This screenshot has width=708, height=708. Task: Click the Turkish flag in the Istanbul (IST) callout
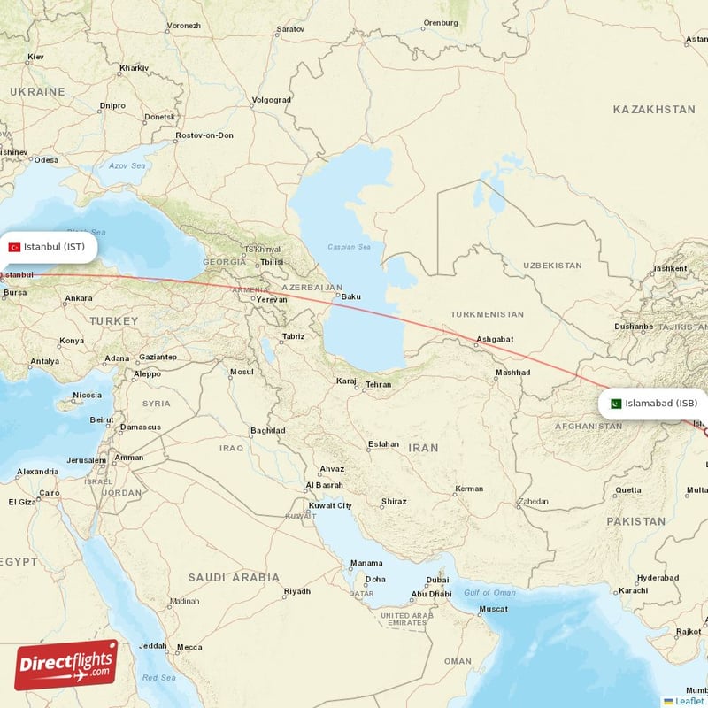(x=14, y=247)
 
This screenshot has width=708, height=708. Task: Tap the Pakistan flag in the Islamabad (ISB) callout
(x=616, y=404)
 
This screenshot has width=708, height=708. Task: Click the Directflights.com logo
(x=66, y=665)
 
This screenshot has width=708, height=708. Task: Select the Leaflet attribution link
(x=689, y=701)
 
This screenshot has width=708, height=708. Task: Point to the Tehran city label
(x=378, y=385)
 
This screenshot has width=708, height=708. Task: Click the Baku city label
(x=351, y=296)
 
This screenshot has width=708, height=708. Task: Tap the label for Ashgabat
(x=495, y=339)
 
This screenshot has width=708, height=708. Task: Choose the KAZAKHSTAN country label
(x=653, y=109)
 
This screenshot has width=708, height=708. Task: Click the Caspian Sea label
(x=346, y=246)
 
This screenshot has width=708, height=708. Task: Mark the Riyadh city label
(x=296, y=591)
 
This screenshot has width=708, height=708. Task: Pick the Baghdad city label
(x=267, y=431)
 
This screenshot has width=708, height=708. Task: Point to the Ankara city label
(x=78, y=298)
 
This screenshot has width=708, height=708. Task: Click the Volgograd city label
(x=271, y=100)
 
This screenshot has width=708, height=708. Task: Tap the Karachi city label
(x=633, y=590)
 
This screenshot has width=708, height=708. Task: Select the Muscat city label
(x=494, y=609)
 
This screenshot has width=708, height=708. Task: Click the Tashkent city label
(x=669, y=268)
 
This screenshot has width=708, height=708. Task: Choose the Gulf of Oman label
(x=489, y=592)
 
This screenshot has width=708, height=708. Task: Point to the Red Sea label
(x=159, y=677)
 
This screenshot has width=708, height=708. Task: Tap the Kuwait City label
(x=329, y=505)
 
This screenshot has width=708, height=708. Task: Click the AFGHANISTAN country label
(x=587, y=426)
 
